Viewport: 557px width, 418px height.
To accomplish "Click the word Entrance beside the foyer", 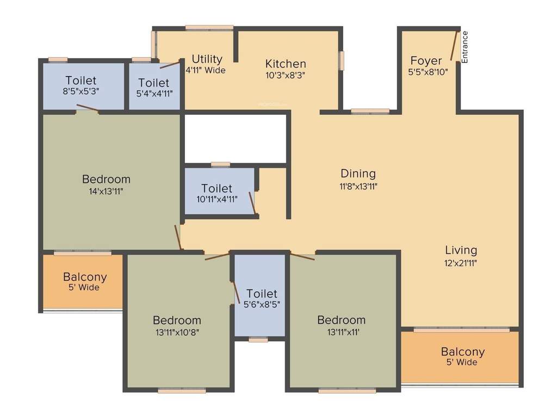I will (465, 47).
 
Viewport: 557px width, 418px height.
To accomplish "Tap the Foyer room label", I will (426, 60).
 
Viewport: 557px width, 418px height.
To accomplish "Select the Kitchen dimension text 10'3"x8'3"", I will (286, 76).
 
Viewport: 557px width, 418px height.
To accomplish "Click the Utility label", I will (207, 59).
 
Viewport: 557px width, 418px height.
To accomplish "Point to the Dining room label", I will (358, 174).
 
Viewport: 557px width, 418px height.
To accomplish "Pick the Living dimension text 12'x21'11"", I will (461, 262).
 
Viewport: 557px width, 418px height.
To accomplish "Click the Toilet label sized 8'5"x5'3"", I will (81, 81).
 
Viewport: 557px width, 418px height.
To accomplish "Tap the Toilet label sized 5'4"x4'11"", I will (154, 83).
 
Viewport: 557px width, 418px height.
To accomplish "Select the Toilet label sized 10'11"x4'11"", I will (216, 188).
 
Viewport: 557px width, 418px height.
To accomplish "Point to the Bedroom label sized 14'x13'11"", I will (106, 179).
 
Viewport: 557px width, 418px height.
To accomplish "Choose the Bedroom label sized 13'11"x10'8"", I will (177, 320).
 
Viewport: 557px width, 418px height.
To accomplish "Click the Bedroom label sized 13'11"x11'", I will (342, 319).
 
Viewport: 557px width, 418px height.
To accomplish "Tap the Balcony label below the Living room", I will (462, 352).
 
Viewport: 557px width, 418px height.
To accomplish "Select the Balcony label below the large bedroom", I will (85, 276).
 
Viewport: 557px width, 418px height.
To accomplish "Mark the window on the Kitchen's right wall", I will (342, 60).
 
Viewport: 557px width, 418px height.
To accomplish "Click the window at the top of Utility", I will (209, 27).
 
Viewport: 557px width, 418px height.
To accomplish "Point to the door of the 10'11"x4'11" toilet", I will (252, 203).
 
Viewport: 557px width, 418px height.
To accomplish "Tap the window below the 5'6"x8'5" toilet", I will (258, 340).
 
